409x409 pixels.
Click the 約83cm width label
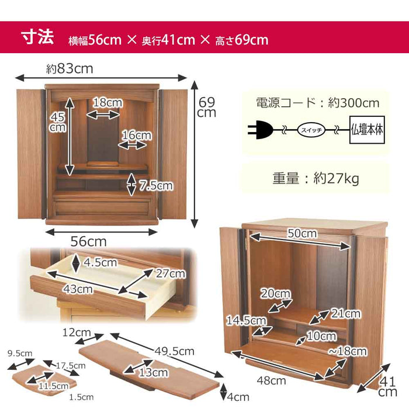[70, 69]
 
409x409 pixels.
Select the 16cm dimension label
[136, 136]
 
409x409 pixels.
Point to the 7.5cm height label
[156, 186]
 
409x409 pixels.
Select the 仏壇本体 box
[366, 130]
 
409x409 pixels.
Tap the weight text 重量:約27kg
[316, 178]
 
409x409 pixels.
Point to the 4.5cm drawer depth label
[100, 262]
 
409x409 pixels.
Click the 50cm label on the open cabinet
[301, 234]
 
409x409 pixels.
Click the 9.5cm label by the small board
[19, 353]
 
